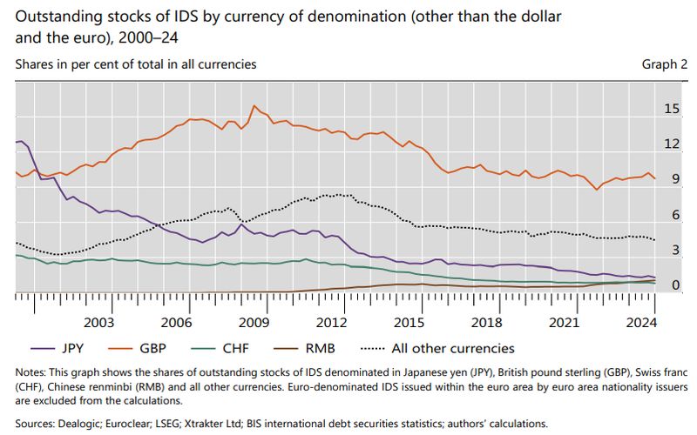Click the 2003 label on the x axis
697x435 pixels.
click(x=98, y=322)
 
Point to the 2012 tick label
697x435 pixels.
click(x=332, y=322)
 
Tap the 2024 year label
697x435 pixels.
click(x=642, y=322)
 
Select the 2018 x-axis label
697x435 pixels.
click(x=487, y=322)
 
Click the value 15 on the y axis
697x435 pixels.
click(x=671, y=109)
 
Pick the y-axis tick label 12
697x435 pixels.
click(x=671, y=144)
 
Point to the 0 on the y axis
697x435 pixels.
click(x=674, y=285)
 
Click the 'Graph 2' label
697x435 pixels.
click(x=665, y=64)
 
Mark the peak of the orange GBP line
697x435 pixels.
click(x=254, y=106)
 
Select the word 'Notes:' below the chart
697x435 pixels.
click(x=32, y=372)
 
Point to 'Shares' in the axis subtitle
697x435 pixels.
click(x=36, y=64)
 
